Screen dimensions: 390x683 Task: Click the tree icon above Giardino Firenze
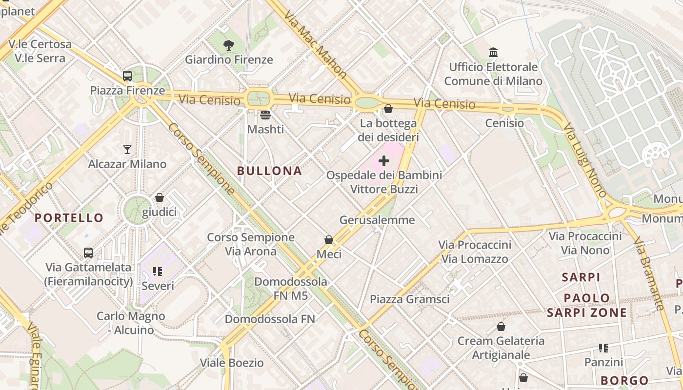click(x=228, y=45)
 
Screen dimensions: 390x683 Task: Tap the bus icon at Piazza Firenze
click(x=127, y=76)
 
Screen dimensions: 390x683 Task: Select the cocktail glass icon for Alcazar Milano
click(x=127, y=149)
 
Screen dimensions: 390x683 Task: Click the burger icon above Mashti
click(x=265, y=115)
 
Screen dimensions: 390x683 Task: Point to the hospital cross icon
click(x=384, y=160)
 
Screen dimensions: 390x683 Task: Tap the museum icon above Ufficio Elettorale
click(x=493, y=52)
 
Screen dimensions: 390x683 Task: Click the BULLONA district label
click(x=269, y=171)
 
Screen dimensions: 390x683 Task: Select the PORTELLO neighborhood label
click(x=69, y=218)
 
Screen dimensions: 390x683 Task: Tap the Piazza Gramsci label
click(x=410, y=299)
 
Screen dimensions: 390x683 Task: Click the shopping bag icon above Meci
click(x=329, y=240)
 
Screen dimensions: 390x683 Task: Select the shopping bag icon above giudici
click(x=159, y=197)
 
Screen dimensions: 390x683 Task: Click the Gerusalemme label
click(x=377, y=220)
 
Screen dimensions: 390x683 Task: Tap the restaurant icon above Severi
click(x=157, y=271)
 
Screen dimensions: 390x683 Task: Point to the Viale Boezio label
click(x=232, y=363)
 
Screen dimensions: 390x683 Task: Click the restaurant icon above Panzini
click(x=603, y=348)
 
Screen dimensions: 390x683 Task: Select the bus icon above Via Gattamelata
click(x=88, y=253)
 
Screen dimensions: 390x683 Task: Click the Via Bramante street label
click(x=649, y=273)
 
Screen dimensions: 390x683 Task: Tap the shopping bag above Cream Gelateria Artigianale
click(x=501, y=327)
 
